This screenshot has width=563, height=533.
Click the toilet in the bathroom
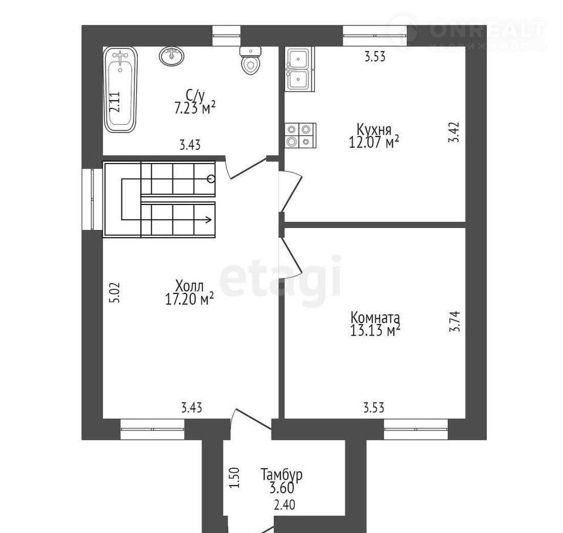[250, 60]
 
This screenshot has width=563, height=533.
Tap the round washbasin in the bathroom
[172, 56]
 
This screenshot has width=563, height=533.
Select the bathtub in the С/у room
[120, 90]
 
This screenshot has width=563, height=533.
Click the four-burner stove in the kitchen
[301, 135]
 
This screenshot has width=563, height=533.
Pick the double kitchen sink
[300, 69]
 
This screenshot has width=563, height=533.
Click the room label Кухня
[374, 129]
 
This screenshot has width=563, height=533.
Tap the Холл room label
[189, 286]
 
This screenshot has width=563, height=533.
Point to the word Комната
[375, 318]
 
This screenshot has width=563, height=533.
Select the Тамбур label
[281, 474]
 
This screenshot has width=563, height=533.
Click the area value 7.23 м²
[195, 108]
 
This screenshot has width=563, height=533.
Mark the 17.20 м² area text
[189, 299]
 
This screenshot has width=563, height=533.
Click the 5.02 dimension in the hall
[115, 293]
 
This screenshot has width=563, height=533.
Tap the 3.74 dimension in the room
[455, 321]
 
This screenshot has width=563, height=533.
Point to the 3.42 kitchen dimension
[453, 132]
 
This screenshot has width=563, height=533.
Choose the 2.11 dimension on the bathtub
[114, 102]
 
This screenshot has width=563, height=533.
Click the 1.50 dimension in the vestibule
[234, 477]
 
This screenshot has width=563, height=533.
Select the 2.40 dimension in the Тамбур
[284, 505]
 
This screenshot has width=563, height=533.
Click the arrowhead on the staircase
[208, 220]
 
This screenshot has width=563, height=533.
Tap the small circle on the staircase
[211, 178]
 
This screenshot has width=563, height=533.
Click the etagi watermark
[280, 276]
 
